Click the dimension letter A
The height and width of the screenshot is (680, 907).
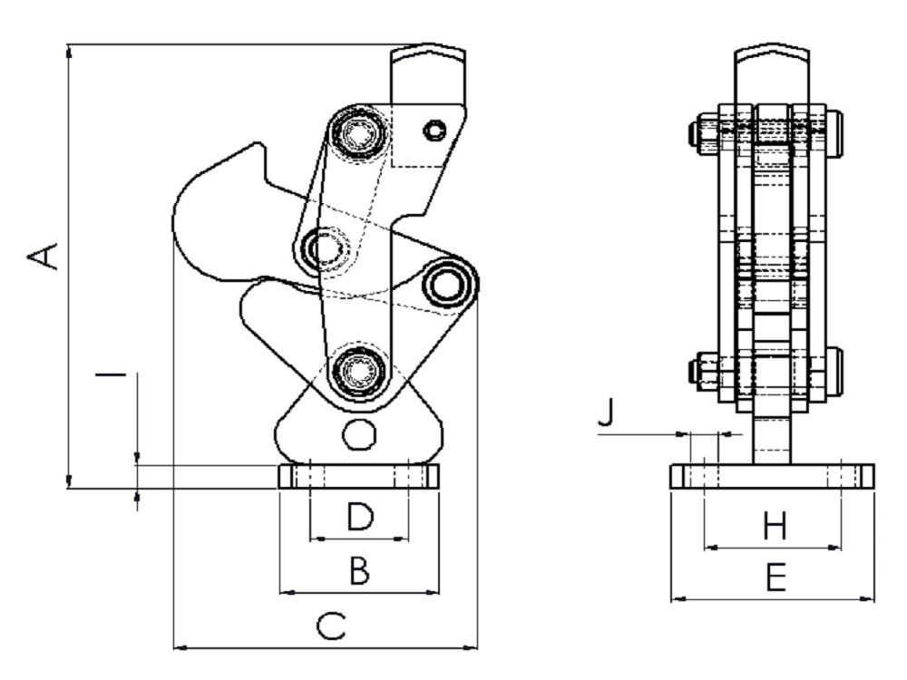click(x=44, y=257)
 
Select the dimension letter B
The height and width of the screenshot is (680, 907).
click(x=360, y=569)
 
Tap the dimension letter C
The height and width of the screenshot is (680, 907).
click(x=331, y=627)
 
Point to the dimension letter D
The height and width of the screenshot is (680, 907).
click(x=360, y=517)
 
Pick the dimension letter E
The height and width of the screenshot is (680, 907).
click(x=775, y=577)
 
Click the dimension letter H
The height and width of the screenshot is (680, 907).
click(x=775, y=526)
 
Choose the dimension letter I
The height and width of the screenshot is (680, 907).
click(x=111, y=375)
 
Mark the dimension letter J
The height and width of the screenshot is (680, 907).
click(x=606, y=413)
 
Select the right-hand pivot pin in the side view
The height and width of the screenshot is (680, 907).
click(x=446, y=284)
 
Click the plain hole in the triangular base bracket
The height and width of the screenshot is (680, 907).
click(x=359, y=435)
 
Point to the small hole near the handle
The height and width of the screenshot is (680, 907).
click(x=434, y=130)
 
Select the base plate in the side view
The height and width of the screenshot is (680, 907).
click(x=359, y=477)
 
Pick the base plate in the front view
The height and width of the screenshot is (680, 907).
click(x=772, y=477)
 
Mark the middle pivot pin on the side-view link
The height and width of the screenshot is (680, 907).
click(x=322, y=249)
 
